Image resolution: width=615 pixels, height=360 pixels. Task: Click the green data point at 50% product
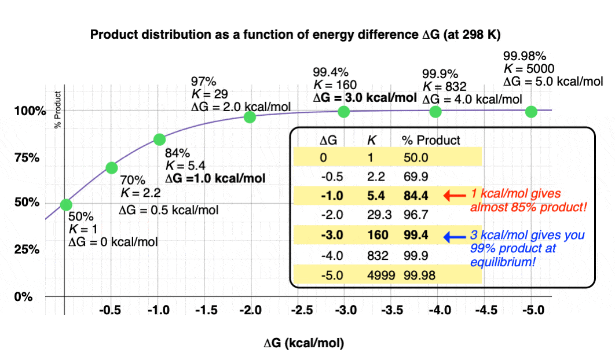point(66,204)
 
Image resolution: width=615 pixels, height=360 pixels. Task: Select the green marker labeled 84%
point(160,139)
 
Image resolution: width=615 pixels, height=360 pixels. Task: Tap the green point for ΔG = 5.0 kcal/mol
point(531,112)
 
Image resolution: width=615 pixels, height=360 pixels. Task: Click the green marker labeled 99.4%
point(343,112)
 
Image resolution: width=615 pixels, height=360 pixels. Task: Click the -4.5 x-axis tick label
point(485,310)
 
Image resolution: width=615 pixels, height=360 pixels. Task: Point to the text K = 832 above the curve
point(442,86)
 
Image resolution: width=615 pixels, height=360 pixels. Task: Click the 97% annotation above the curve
point(203,81)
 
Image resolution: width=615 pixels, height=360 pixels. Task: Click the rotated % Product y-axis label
point(58,110)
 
